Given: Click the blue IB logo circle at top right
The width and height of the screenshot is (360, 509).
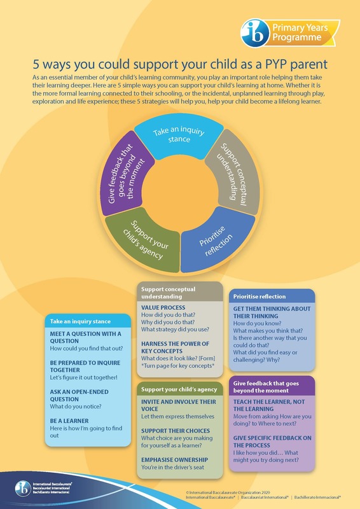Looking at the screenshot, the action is [x=255, y=33].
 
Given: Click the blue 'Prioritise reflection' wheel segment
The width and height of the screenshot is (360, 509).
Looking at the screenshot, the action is [x=217, y=241].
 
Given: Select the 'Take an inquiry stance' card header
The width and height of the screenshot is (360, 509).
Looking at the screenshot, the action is [x=88, y=321].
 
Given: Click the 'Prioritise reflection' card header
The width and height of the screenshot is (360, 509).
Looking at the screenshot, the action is [x=272, y=296].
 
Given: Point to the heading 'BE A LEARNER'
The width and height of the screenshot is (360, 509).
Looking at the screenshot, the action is [x=69, y=421].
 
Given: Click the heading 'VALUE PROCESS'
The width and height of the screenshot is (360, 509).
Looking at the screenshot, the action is [x=163, y=307].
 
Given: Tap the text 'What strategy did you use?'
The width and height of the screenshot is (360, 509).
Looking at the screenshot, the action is [x=175, y=329].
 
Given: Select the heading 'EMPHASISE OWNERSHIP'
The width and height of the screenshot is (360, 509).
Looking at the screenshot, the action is [x=175, y=459].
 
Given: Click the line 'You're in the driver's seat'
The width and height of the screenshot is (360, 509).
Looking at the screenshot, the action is [x=173, y=467].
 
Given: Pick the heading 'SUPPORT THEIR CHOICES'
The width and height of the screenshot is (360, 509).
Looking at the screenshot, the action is [x=176, y=431].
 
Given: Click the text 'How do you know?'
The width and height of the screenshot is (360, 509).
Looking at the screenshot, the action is [x=257, y=323].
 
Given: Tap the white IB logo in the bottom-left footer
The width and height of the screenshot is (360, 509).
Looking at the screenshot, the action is [x=23, y=488].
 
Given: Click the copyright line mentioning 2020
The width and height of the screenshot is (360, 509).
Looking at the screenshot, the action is [x=228, y=492].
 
